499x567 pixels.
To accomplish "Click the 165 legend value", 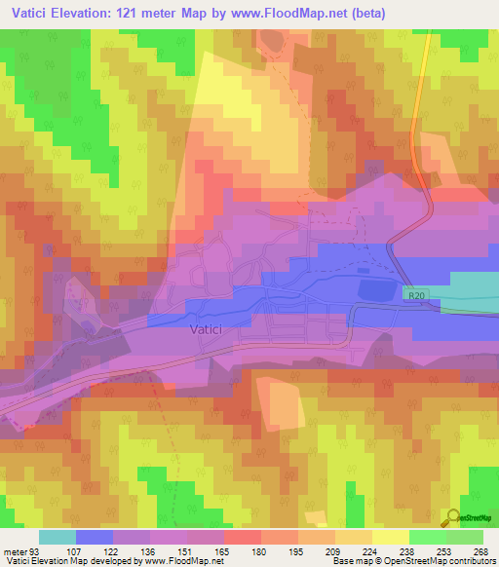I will tap(223, 550).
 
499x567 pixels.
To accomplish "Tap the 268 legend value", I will tap(481, 550).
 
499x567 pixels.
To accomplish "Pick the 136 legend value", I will tap(149, 550).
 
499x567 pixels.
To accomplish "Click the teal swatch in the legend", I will tap(58, 537).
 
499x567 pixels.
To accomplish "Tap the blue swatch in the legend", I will tap(95, 537).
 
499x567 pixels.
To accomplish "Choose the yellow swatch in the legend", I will tap(391, 537).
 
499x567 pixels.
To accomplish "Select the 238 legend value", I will tap(371, 550).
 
